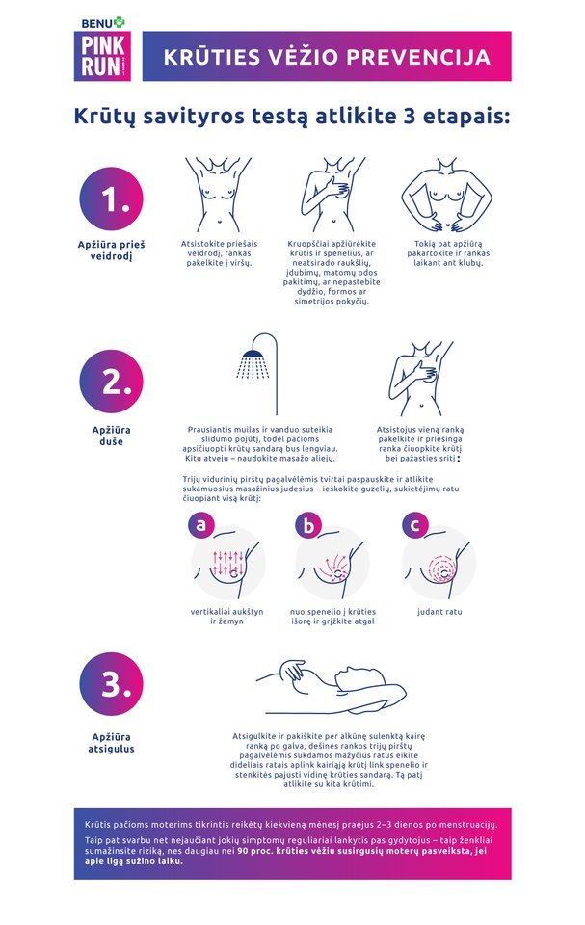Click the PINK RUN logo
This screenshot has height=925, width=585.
(x=102, y=56)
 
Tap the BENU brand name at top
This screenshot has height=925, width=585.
(x=96, y=23)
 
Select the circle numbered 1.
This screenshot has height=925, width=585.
(x=111, y=198)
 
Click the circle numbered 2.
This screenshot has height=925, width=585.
(x=111, y=382)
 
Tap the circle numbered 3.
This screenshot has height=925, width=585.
(x=111, y=684)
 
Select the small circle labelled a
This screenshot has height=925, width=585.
(x=200, y=524)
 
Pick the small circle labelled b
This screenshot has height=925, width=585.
(x=308, y=524)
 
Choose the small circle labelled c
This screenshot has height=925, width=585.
(x=415, y=524)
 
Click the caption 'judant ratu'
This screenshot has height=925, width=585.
(x=439, y=612)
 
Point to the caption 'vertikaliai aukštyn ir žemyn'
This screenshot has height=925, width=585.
(x=226, y=617)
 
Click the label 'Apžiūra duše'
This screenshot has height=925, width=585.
(x=111, y=436)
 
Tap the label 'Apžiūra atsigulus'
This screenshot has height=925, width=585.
(x=111, y=743)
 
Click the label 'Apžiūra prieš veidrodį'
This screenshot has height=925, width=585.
(x=111, y=251)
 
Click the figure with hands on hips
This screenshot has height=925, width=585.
(x=447, y=195)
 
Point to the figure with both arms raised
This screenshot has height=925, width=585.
(x=218, y=195)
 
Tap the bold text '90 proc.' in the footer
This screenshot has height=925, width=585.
(x=255, y=851)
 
